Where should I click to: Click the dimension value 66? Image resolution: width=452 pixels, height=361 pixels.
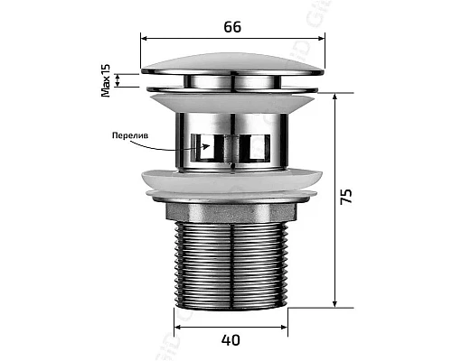point(232,27)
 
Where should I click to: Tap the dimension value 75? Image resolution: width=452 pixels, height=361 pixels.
point(346,197)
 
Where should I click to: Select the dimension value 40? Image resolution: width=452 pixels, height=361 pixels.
point(231,340)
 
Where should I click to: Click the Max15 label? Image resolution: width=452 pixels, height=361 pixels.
point(106,80)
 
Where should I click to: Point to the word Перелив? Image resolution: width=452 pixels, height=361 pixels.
point(130,135)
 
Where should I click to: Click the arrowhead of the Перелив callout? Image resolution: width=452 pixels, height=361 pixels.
point(206,146)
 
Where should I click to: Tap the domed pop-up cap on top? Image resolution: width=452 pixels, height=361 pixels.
point(232,65)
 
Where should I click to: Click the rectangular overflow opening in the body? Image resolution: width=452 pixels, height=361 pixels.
point(231,147)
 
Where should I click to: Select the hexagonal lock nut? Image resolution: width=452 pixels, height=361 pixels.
point(231,212)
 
